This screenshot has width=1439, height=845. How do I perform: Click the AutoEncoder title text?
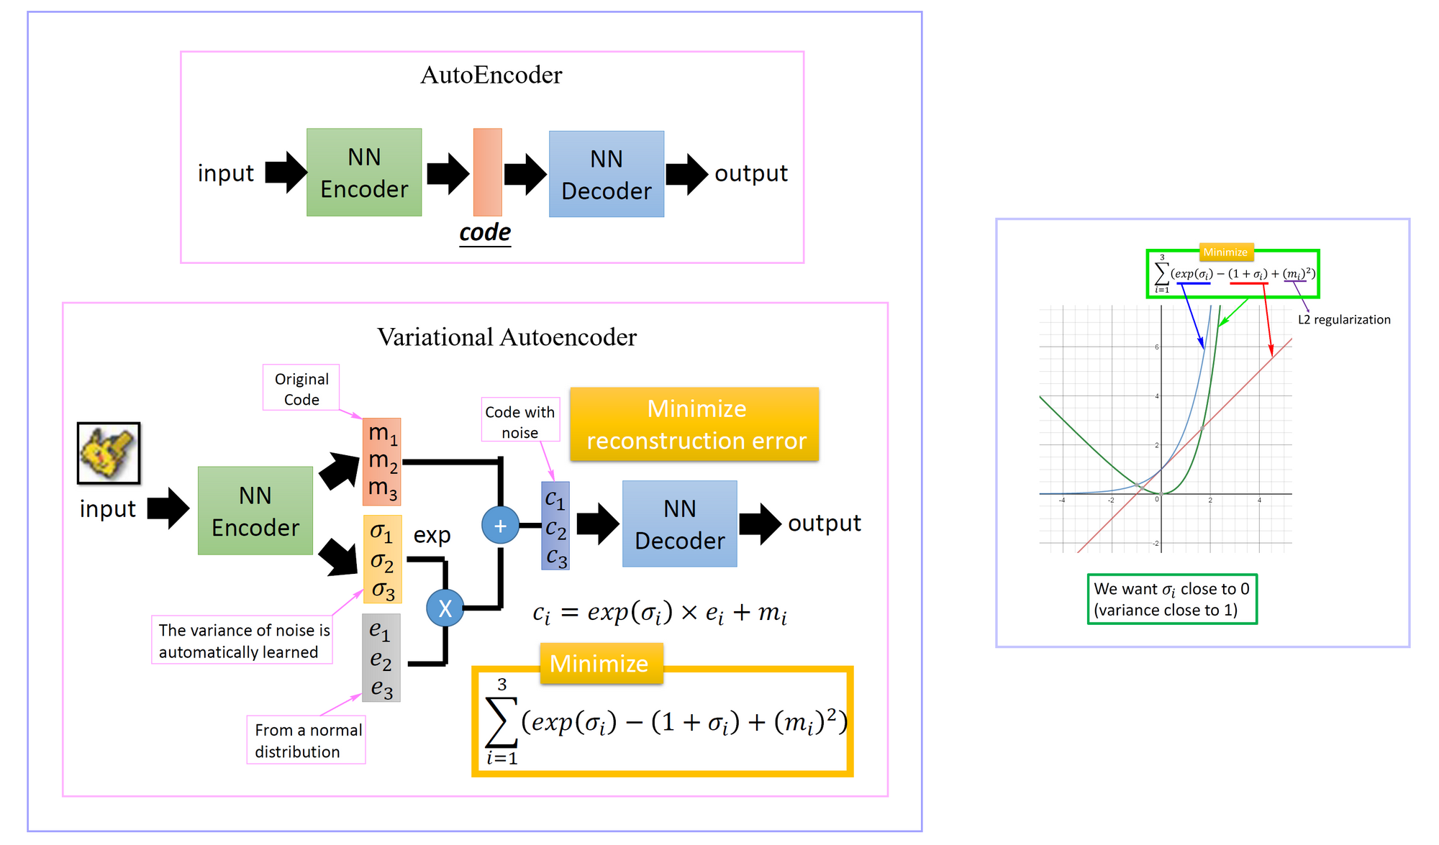tap(491, 75)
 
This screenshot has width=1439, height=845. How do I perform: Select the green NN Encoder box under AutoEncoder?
tap(364, 173)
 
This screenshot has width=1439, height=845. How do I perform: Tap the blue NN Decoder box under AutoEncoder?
tap(606, 175)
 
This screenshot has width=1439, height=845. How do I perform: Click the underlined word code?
tap(485, 232)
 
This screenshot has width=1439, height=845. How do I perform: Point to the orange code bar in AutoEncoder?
tap(487, 172)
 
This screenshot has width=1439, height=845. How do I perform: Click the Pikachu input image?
tap(109, 453)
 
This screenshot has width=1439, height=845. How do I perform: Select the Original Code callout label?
tap(301, 388)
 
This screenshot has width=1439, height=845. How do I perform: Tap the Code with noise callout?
tap(519, 421)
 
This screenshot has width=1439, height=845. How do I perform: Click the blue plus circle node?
tap(500, 525)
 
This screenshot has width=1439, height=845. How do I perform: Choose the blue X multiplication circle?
tap(445, 608)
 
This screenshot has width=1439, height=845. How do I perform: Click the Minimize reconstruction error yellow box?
tap(695, 424)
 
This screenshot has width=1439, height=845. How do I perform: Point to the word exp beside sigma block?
tap(432, 535)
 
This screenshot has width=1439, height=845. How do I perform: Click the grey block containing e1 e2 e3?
tap(381, 657)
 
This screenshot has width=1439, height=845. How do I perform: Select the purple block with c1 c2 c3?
tap(555, 526)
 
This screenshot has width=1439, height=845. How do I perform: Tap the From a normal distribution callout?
tap(306, 740)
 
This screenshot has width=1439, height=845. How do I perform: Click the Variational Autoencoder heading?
tap(507, 337)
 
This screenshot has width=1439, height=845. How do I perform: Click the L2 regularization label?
tap(1343, 319)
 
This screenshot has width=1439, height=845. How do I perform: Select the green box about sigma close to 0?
tap(1171, 599)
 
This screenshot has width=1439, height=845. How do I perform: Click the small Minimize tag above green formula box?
tap(1225, 252)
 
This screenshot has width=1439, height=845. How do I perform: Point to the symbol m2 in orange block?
tap(382, 461)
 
